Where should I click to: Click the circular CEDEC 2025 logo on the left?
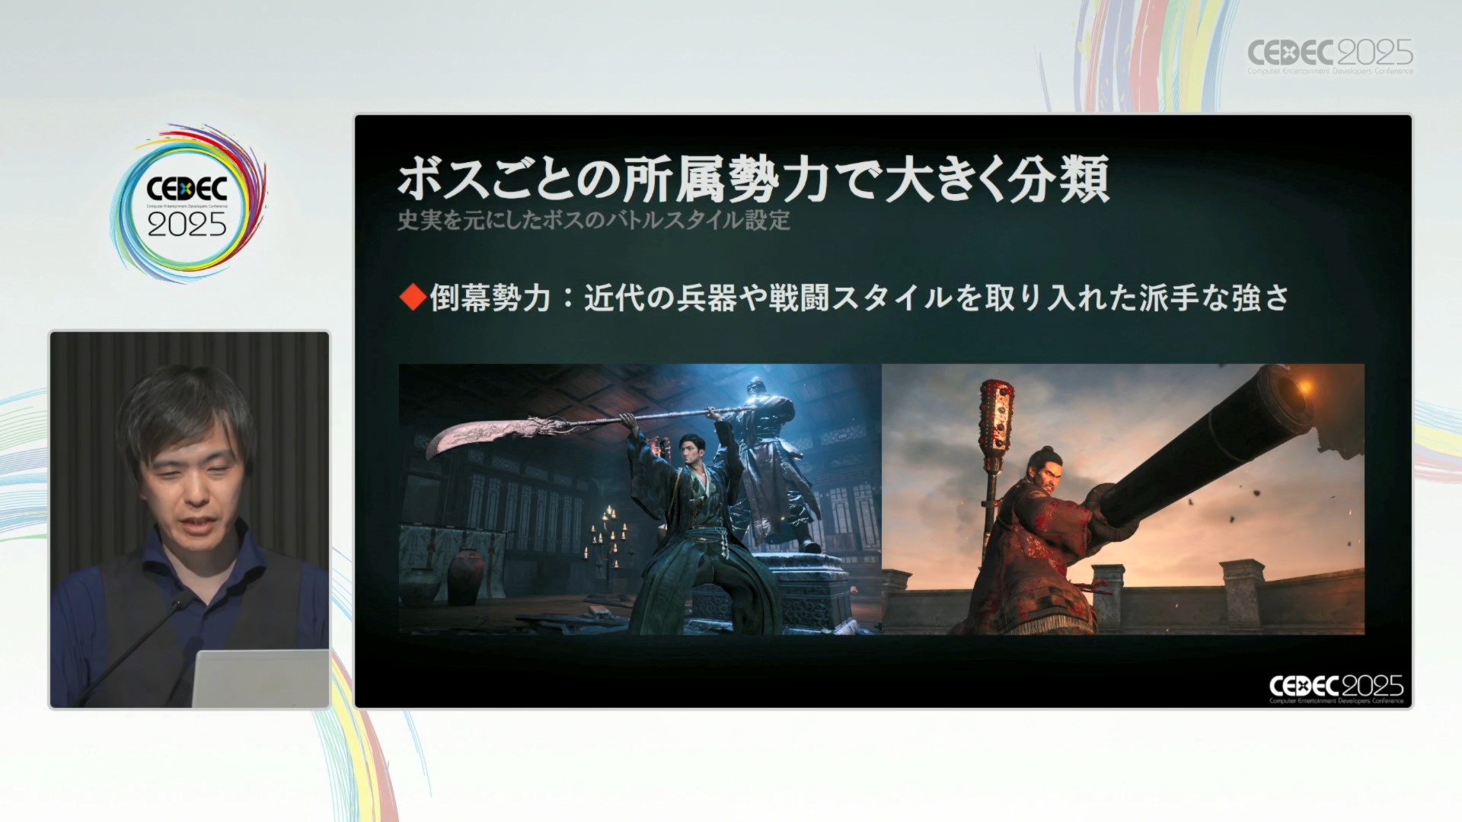click(188, 204)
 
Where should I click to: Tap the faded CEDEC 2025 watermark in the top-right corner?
click(1330, 56)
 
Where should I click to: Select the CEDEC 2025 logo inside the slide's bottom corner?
click(1336, 688)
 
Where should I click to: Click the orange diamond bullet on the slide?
click(413, 298)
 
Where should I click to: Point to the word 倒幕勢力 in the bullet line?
click(490, 298)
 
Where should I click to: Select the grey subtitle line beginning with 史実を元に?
click(594, 221)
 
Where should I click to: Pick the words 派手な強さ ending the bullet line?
click(1215, 298)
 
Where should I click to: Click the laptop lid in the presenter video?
click(260, 677)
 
